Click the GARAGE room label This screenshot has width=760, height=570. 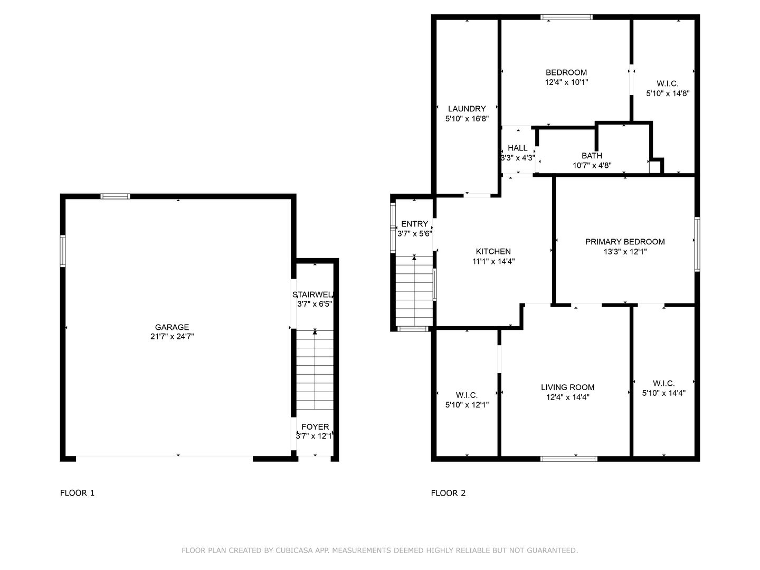172,327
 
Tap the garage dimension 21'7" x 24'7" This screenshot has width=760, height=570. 172,336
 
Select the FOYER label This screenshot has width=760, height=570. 315,427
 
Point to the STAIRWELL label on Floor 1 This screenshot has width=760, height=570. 312,295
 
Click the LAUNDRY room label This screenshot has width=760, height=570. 467,109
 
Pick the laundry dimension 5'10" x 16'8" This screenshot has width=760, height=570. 467,119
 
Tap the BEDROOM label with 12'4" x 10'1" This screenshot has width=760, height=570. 566,72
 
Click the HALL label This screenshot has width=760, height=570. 518,148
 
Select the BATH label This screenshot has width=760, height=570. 592,155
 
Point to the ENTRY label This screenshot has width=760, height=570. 414,224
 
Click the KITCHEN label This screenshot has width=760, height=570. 493,251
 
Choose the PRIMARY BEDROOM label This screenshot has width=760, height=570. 625,242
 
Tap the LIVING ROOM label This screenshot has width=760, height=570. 567,387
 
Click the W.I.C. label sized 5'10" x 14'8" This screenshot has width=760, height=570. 667,83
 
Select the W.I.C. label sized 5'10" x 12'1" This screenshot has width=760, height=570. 467,395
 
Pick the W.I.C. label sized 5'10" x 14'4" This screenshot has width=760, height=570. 663,383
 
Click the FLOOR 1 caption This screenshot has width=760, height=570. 77,493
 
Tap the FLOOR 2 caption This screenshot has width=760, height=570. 448,493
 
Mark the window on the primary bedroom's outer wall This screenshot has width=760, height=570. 697,244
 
